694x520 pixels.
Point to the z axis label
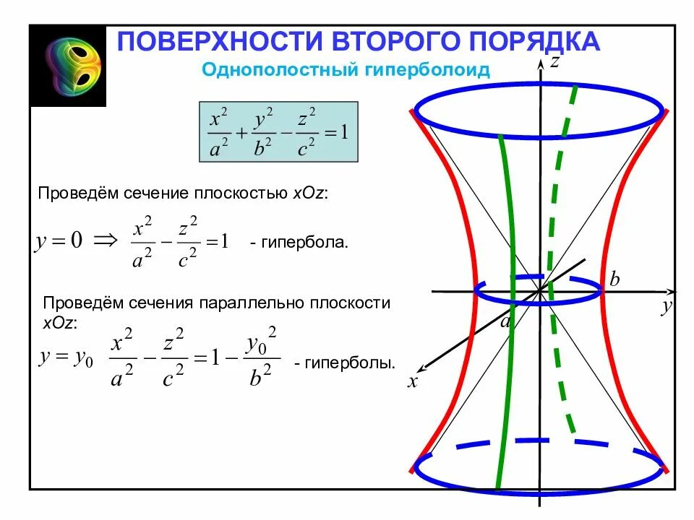tap(554, 62)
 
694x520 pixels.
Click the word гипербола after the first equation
tap(307, 243)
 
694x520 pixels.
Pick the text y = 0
tap(58, 241)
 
